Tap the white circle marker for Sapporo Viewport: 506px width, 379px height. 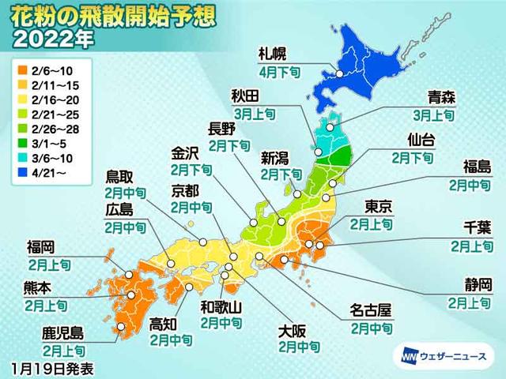(x=338, y=74)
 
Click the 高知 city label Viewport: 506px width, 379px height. (x=164, y=324)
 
